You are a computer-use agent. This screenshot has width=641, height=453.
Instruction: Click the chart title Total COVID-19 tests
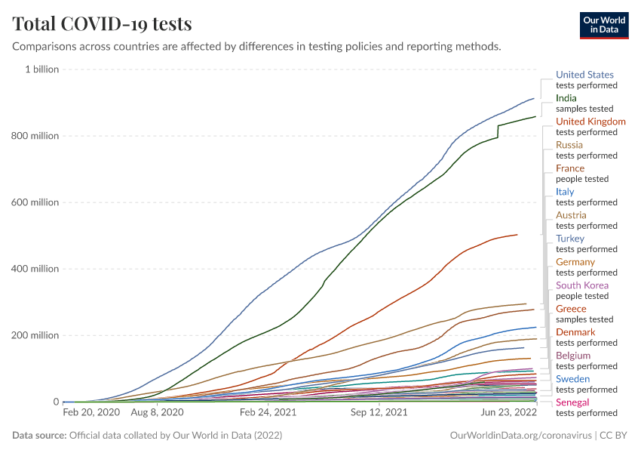point(102,24)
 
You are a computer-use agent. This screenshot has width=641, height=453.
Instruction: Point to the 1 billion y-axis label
point(41,69)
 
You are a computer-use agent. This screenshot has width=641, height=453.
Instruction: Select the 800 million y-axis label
point(35,136)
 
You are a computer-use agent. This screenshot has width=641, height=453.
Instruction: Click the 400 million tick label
point(35,269)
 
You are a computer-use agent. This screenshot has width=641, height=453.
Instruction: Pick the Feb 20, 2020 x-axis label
point(90,413)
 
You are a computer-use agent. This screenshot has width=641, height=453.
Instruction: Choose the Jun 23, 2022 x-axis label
point(509,413)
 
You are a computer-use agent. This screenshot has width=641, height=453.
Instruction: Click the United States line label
point(584,75)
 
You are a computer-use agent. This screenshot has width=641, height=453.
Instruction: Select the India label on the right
point(566,98)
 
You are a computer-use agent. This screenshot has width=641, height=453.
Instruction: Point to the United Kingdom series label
point(590,122)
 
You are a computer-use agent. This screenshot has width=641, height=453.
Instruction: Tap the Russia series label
point(569,145)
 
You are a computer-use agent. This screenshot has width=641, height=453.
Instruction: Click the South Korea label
point(582,285)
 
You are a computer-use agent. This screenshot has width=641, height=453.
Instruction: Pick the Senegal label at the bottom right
point(572,402)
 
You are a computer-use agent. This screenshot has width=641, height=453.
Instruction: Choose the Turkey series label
point(570,239)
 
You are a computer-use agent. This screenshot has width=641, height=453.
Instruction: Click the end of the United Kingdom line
point(517,235)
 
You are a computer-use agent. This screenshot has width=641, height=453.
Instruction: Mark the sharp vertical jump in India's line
point(498,131)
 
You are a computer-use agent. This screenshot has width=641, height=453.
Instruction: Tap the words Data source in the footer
point(39,436)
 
